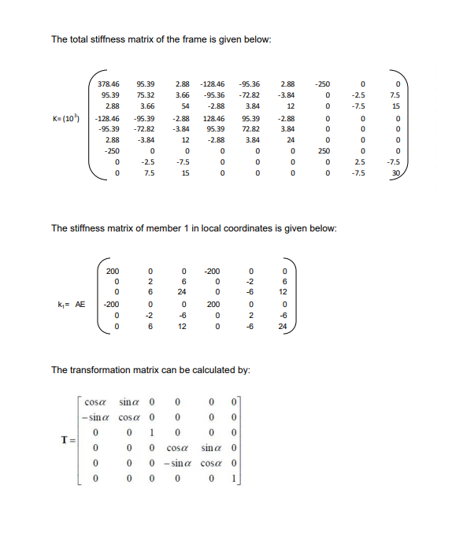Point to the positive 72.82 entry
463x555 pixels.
[x=252, y=128]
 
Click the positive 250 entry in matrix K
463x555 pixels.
[x=322, y=151]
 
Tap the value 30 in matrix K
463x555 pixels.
[x=398, y=174]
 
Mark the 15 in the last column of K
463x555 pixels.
[x=398, y=105]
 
